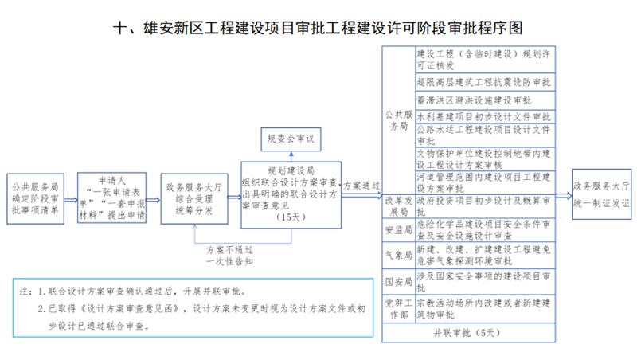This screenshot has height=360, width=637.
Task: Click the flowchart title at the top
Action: tap(318, 28)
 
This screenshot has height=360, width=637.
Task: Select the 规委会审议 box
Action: tap(291, 139)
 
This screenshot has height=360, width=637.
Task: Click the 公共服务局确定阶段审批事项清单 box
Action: tap(35, 198)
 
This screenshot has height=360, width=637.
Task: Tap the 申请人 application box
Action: tap(111, 198)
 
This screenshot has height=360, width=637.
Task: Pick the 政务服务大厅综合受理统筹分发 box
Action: tap(194, 198)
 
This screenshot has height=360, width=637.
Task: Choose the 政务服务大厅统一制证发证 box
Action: tap(602, 194)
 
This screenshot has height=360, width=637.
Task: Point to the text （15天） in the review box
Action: tap(291, 217)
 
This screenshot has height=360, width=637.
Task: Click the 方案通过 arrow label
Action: tap(361, 186)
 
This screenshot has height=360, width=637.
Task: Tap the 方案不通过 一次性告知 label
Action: tap(229, 256)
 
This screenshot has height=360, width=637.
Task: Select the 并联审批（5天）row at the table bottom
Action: tap(468, 333)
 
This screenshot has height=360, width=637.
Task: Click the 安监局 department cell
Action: tap(399, 230)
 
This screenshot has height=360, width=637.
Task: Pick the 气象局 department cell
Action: tap(399, 256)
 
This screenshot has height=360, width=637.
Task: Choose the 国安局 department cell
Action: tap(399, 282)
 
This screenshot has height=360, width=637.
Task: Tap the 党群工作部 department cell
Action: tap(399, 309)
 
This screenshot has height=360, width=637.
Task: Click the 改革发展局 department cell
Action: tap(399, 206)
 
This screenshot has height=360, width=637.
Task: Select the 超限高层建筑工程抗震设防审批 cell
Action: tap(486, 82)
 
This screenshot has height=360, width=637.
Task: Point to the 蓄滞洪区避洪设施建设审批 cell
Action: tap(486, 100)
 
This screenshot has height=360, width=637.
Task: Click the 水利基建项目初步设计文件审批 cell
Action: tap(486, 116)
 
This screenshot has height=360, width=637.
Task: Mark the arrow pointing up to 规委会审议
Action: tap(291, 156)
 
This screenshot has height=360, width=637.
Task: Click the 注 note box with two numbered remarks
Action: tap(193, 308)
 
